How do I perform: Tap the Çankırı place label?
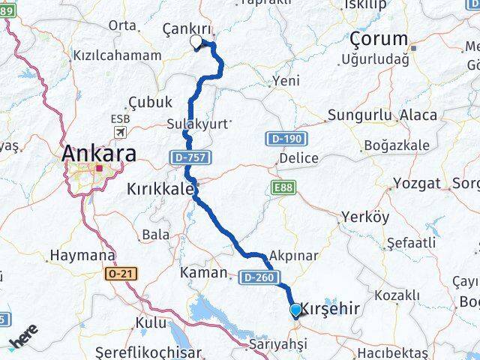tap(187, 28)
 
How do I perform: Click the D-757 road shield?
tap(187, 157)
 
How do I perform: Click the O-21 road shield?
tap(120, 274)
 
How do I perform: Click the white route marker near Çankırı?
tap(196, 42)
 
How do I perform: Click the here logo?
tap(22, 341)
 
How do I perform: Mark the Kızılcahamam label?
tap(117, 55)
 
